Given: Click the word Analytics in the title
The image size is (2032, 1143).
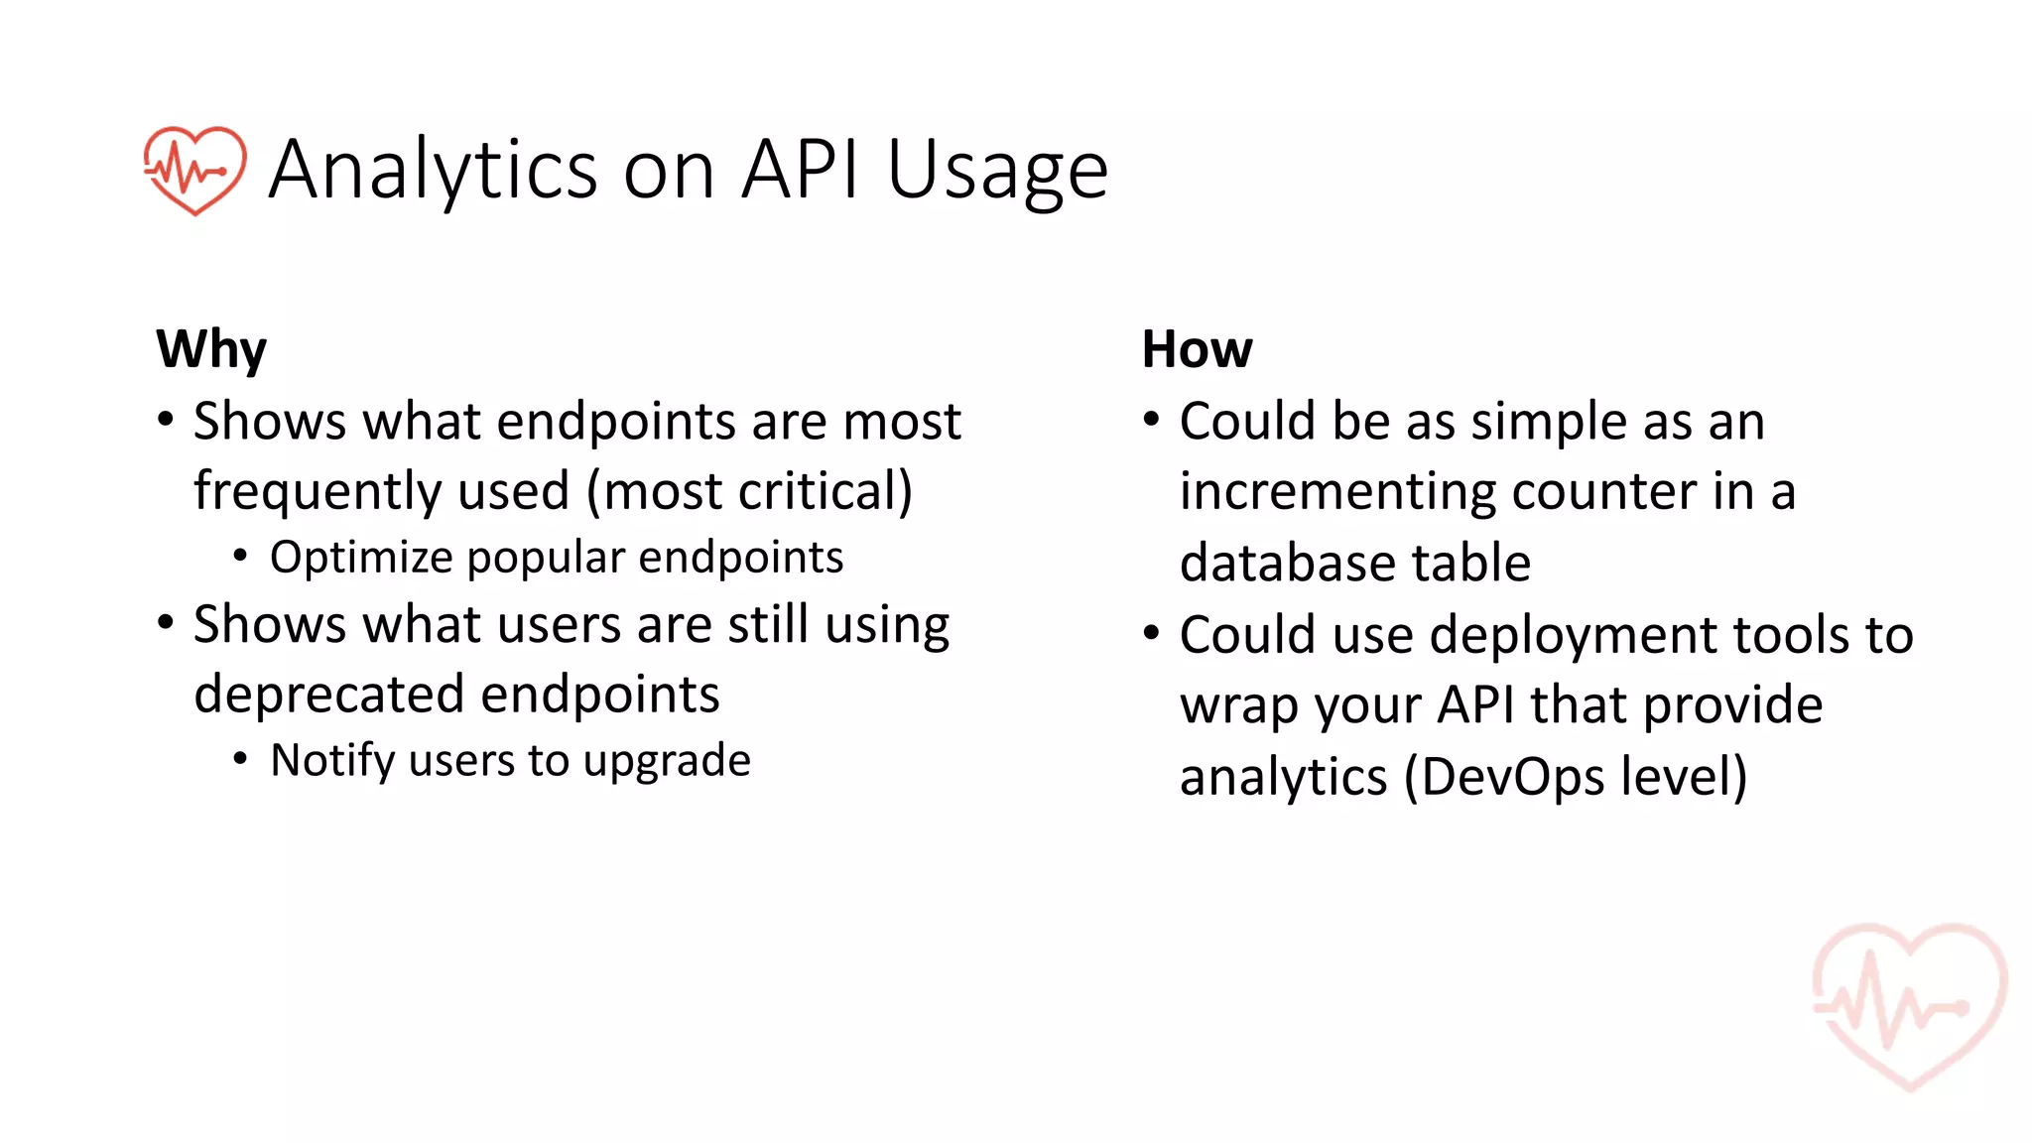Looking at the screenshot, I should pyautogui.click(x=433, y=171).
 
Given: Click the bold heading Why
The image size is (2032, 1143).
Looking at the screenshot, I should pyautogui.click(x=211, y=349).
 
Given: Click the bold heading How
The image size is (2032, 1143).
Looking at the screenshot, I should pyautogui.click(x=1197, y=349).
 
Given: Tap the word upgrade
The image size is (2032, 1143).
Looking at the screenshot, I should pyautogui.click(x=667, y=762).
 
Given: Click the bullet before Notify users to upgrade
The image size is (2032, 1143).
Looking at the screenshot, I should pyautogui.click(x=240, y=759).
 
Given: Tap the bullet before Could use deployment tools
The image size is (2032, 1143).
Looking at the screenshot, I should pyautogui.click(x=1151, y=633).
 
